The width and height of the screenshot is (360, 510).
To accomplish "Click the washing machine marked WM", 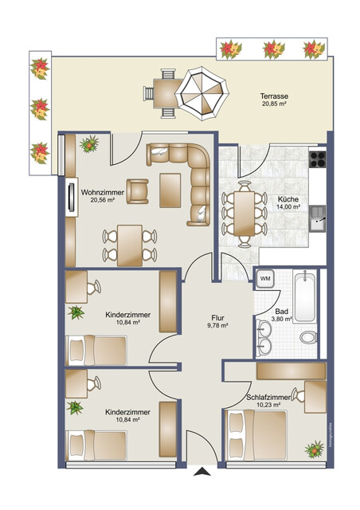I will coord(265,279).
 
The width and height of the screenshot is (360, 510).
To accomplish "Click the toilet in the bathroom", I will coord(307,338).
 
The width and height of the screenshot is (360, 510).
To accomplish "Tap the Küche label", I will coord(288,199).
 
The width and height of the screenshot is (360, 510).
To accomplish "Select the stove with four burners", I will coord(318,158).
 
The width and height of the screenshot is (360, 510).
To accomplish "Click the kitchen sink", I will coord(318,214).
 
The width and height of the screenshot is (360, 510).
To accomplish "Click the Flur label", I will coord(217,316).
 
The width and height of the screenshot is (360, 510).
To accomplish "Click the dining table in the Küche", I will coord(243,209).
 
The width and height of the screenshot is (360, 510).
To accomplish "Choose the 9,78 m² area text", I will coord(217,325).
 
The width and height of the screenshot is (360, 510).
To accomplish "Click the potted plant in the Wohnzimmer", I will coord(89,144).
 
